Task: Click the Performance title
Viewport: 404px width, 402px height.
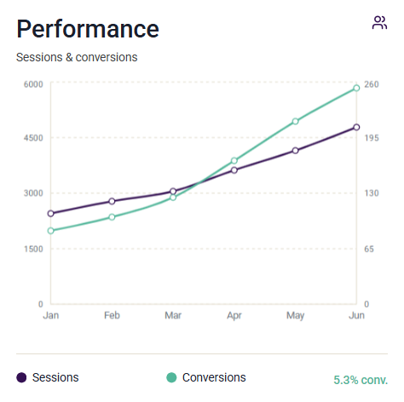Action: click(x=88, y=29)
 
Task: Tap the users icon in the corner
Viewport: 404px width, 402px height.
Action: click(x=379, y=22)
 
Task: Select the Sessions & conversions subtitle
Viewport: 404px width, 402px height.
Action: click(x=77, y=57)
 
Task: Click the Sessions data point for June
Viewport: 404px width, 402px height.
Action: click(x=356, y=127)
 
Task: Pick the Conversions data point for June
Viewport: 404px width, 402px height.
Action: click(x=356, y=88)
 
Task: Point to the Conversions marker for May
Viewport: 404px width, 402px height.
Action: click(x=295, y=121)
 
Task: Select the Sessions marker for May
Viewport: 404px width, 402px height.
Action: click(x=295, y=151)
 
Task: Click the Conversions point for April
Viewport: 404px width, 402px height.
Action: click(x=234, y=161)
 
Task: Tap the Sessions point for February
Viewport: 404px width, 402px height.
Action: click(x=112, y=201)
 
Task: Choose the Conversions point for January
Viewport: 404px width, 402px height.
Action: click(x=51, y=231)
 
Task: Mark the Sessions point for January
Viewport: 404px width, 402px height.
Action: click(x=51, y=214)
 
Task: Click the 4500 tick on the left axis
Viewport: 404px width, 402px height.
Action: click(x=33, y=138)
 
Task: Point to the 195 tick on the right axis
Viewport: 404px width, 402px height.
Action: click(x=372, y=138)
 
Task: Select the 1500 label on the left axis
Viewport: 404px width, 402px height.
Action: click(x=33, y=249)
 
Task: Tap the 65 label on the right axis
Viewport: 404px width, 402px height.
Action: click(x=369, y=249)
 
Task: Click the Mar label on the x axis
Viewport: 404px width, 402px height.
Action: click(x=173, y=315)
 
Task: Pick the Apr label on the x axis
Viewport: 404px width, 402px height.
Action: click(x=234, y=316)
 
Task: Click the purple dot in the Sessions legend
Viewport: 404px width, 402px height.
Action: click(x=21, y=377)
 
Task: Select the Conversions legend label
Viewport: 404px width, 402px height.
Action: click(x=214, y=377)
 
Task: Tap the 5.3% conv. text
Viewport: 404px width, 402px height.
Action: click(x=361, y=380)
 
